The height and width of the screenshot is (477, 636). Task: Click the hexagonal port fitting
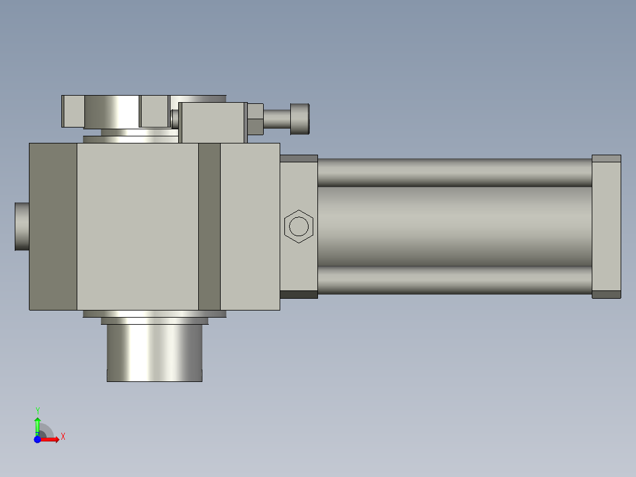[x=299, y=226]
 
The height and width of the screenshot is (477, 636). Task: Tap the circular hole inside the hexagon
[x=299, y=226]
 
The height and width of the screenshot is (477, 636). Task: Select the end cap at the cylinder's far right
[x=607, y=227]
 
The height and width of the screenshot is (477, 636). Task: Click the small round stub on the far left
[x=22, y=227]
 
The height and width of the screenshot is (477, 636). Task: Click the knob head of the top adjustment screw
[x=300, y=119]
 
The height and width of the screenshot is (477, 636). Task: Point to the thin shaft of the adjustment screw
[x=277, y=119]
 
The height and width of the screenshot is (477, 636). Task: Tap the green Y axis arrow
[x=38, y=426]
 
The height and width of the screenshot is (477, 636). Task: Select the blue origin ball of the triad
[x=37, y=439]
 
